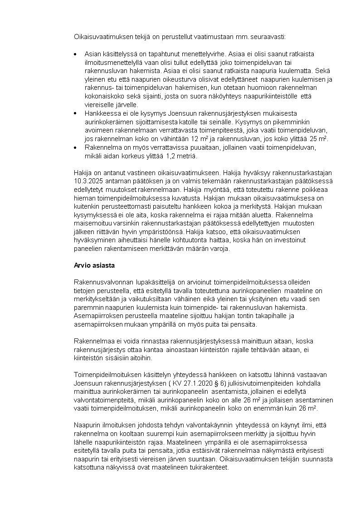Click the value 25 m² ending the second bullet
tap(319, 139)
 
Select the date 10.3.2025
tap(89, 181)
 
